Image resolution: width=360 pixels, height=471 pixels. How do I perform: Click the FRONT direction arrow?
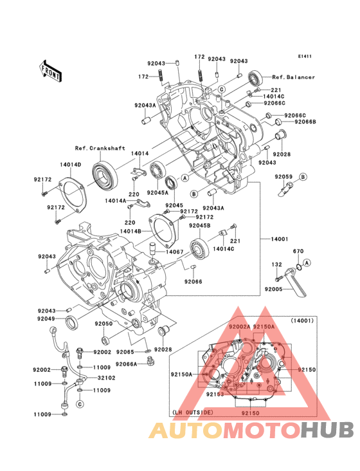50,71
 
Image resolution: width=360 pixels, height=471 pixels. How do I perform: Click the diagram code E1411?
305,56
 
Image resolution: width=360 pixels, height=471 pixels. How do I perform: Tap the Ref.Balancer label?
293,77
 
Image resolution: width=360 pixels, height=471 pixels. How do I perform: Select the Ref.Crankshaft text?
100,148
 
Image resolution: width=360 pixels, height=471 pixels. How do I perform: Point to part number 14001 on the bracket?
279,239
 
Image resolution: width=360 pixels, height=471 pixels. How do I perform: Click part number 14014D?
71,165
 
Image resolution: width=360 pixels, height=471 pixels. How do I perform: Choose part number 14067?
175,252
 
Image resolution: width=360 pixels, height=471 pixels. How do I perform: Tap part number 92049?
46,319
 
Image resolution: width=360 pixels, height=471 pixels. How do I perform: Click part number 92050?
104,324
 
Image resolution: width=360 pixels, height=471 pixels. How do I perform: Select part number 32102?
106,378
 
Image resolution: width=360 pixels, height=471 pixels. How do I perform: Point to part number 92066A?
126,364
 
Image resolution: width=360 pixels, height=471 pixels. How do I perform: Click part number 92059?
283,176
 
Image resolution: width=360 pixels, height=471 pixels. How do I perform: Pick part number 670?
298,251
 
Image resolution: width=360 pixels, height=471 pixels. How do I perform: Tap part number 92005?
274,289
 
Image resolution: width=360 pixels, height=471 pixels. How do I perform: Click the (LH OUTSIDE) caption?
193,412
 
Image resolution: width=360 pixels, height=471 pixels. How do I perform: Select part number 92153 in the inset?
215,394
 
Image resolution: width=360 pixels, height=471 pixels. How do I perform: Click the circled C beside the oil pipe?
80,404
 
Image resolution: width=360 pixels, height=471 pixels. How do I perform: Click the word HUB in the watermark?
327,430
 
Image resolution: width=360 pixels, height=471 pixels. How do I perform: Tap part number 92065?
125,352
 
